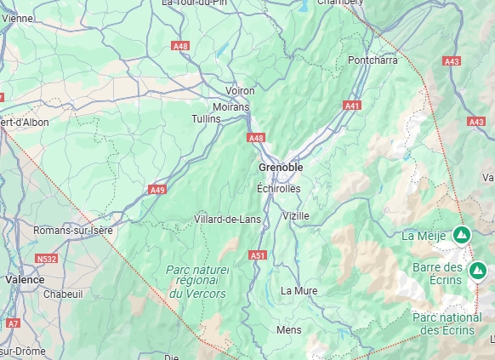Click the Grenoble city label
click(280, 168)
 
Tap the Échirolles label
click(278, 188)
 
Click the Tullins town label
click(205, 118)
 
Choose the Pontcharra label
click(373, 60)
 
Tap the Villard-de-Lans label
click(227, 220)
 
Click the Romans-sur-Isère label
click(72, 231)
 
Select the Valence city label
click(25, 278)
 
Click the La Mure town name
click(299, 290)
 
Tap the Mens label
click(289, 329)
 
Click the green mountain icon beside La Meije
click(462, 234)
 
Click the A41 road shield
click(352, 105)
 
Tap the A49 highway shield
click(157, 189)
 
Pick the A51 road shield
click(258, 254)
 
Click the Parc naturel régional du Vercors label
click(197, 281)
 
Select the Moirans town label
click(232, 107)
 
